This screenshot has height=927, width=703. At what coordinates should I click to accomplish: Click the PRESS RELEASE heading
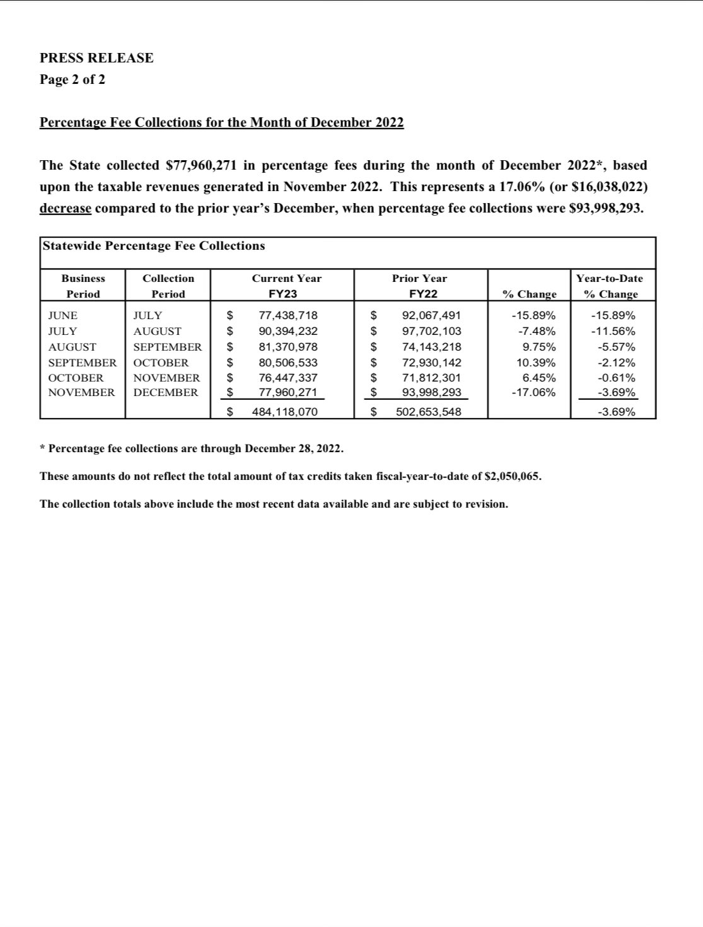[x=96, y=58]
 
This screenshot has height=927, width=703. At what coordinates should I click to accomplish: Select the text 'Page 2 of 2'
[x=73, y=79]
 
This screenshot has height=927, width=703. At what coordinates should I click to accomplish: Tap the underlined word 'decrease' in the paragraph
[x=65, y=209]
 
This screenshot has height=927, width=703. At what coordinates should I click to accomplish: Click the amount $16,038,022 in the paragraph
[x=607, y=187]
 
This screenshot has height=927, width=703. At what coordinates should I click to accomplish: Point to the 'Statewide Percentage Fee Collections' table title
[x=154, y=246]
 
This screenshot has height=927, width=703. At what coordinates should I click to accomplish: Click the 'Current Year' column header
[x=286, y=279]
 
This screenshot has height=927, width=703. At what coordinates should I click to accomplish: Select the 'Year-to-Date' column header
[x=609, y=279]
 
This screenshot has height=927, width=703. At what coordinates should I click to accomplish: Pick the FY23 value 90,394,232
[x=288, y=331]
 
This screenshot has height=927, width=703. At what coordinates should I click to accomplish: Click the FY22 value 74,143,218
[x=431, y=347]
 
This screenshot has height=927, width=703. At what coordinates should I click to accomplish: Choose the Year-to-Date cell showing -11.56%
[x=613, y=331]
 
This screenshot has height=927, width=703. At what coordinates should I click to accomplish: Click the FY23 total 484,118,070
[x=284, y=412]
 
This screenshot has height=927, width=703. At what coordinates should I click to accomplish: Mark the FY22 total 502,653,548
[x=428, y=412]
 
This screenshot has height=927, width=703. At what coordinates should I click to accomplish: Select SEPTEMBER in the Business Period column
[x=82, y=363]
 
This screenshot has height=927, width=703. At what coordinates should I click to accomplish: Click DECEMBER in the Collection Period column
[x=165, y=392]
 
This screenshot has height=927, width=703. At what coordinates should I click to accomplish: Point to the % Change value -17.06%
[x=533, y=392]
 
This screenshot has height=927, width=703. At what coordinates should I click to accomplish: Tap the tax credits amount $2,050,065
[x=511, y=476]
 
